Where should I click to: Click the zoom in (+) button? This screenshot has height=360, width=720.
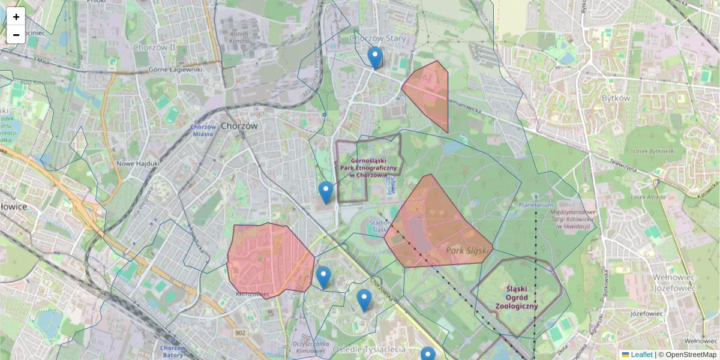(x=16, y=17)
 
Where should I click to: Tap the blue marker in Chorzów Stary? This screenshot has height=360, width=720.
(x=375, y=58)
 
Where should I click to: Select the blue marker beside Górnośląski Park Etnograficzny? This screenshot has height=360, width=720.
(x=326, y=192)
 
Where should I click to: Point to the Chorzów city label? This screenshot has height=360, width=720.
(x=239, y=127)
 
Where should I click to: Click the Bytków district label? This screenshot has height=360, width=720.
(x=616, y=98)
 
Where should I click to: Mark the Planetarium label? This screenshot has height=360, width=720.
(x=536, y=205)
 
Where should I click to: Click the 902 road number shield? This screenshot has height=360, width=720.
(x=241, y=333)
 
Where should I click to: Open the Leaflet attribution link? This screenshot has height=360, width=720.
(x=641, y=355)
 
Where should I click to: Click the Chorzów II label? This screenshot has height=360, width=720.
(x=154, y=47)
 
